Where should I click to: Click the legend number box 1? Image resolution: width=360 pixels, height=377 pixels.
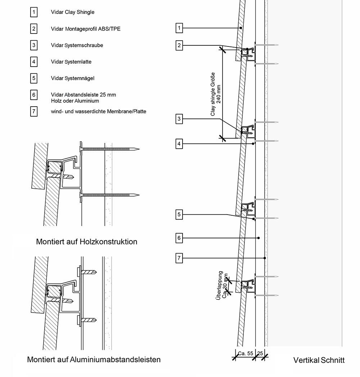click(33, 12)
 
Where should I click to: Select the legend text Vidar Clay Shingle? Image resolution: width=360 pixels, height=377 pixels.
click(72, 12)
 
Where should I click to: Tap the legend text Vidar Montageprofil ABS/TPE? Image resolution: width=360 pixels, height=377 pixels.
click(86, 29)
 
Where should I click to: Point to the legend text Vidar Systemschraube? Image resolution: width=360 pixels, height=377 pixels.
click(77, 45)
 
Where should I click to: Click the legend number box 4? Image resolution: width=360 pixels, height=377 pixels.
click(33, 62)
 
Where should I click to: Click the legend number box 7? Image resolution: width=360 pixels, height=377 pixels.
click(33, 111)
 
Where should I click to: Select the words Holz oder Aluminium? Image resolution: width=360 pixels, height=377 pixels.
click(75, 101)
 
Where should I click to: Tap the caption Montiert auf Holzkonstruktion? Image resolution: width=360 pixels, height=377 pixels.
click(86, 242)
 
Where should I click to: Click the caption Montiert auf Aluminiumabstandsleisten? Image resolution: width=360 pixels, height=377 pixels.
click(94, 359)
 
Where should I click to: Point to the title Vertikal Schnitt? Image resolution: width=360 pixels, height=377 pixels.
click(319, 360)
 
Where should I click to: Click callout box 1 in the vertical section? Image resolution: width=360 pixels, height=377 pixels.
click(179, 28)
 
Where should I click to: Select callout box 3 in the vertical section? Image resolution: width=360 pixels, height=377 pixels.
click(179, 118)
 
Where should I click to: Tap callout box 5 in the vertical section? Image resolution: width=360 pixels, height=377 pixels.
click(179, 215)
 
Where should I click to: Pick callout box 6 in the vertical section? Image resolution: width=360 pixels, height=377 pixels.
click(179, 238)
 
